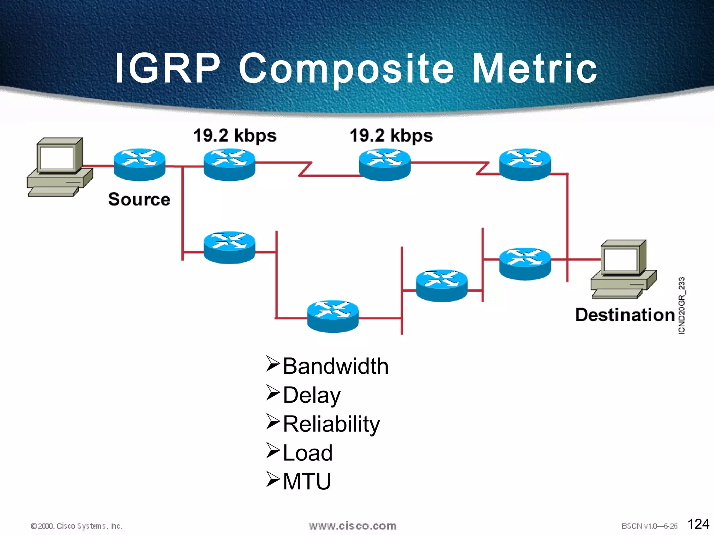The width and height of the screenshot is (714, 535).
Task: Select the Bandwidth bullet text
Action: click(x=335, y=366)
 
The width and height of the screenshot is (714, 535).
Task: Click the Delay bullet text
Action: click(x=312, y=395)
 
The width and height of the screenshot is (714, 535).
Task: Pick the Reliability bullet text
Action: click(x=331, y=424)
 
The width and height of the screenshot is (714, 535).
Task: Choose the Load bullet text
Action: click(x=307, y=453)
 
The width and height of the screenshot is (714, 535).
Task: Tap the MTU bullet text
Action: click(x=307, y=482)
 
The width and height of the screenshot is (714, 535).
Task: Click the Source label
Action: click(x=139, y=199)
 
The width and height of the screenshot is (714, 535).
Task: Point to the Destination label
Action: click(x=625, y=315)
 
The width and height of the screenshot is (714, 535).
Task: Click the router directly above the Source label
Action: click(x=139, y=165)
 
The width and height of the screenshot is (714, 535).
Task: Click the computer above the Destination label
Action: click(x=624, y=269)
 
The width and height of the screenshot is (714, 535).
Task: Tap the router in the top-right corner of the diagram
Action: click(x=525, y=165)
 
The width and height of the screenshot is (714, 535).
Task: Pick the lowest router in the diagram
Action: click(x=333, y=316)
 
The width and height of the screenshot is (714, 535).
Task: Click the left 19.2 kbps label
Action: click(x=235, y=136)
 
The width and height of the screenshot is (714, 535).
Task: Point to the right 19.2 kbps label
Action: click(x=391, y=136)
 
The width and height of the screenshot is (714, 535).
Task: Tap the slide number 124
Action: click(x=698, y=524)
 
